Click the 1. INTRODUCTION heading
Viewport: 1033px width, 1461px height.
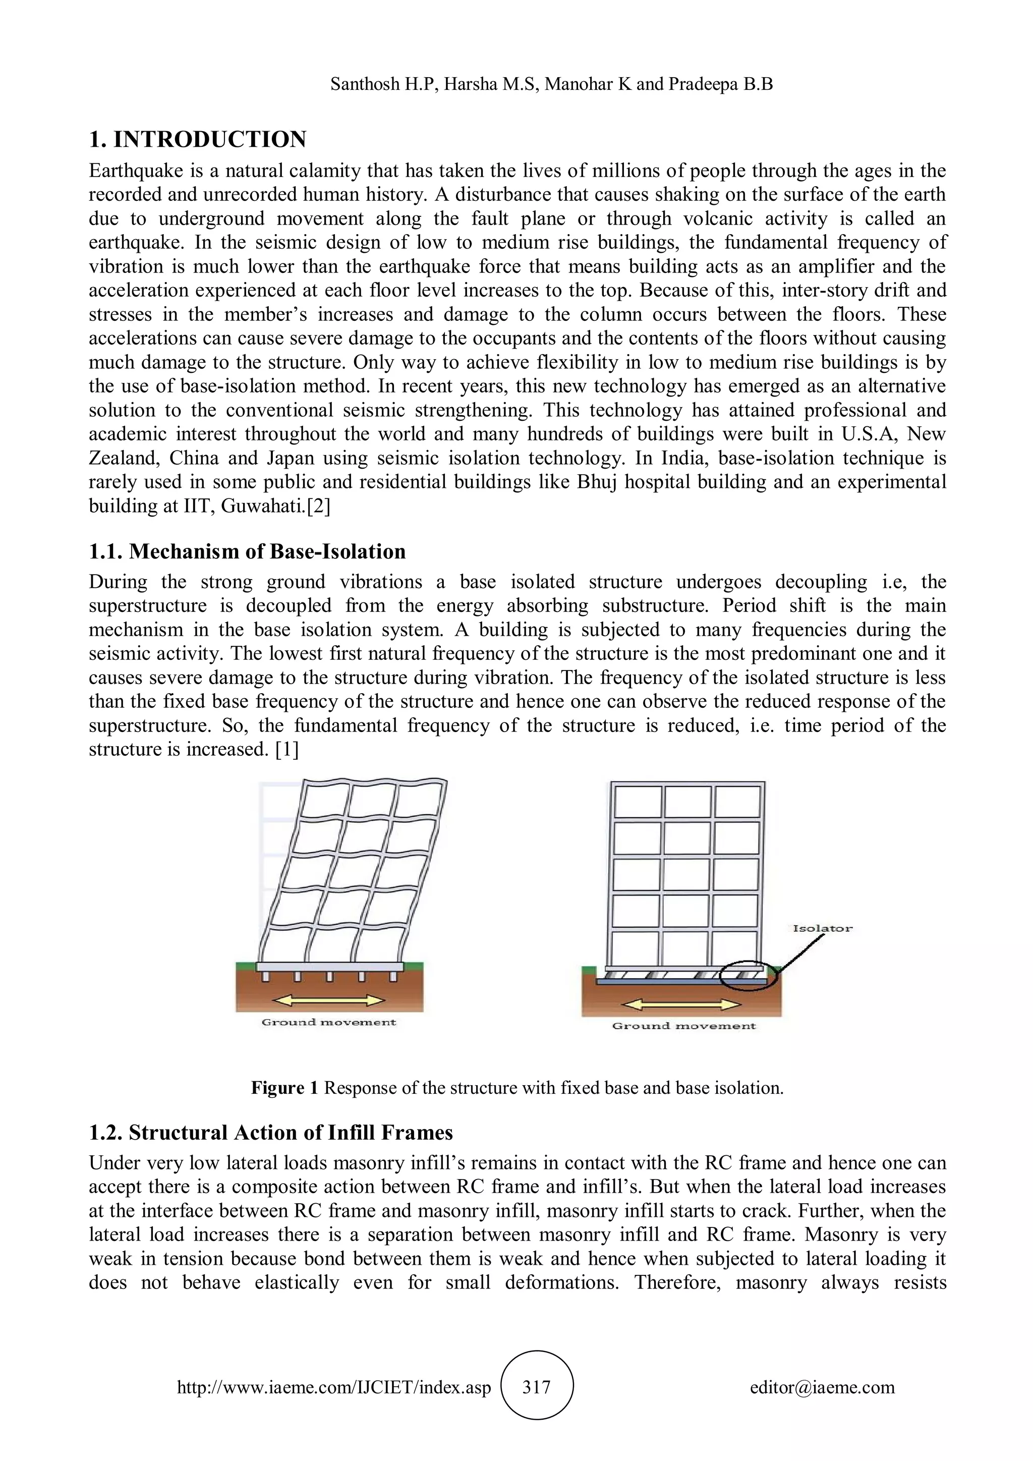pyautogui.click(x=197, y=139)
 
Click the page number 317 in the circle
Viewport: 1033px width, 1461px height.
pyautogui.click(x=536, y=1388)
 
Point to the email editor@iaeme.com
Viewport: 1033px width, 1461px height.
pyautogui.click(x=822, y=1388)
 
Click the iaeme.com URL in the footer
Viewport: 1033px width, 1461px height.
pyautogui.click(x=334, y=1388)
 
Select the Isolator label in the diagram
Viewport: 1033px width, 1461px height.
pyautogui.click(x=822, y=928)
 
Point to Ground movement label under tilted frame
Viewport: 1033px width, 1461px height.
pyautogui.click(x=328, y=1023)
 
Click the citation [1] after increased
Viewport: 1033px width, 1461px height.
pyautogui.click(x=287, y=750)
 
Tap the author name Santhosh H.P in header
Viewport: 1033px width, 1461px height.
pyautogui.click(x=383, y=84)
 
